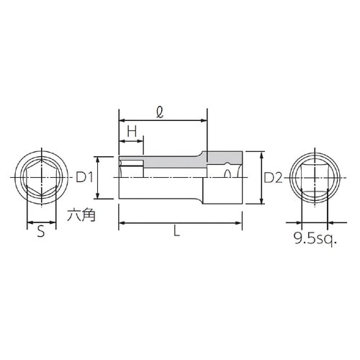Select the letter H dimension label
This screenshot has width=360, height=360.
pyautogui.click(x=132, y=131)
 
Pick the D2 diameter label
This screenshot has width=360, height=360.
pyautogui.click(x=271, y=177)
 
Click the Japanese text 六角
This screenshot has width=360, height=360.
pyautogui.click(x=79, y=213)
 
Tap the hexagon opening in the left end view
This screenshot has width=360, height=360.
pyautogui.click(x=41, y=178)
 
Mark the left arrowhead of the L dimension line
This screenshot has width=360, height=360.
pyautogui.click(x=122, y=222)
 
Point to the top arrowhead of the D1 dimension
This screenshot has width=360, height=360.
pyautogui.click(x=98, y=160)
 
